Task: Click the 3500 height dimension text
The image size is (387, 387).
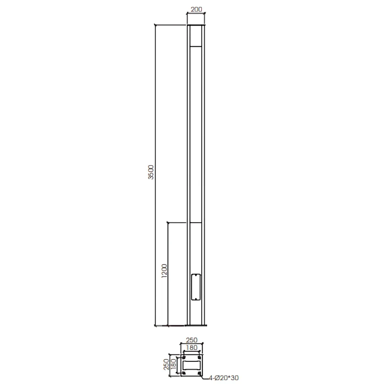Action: (x=151, y=172)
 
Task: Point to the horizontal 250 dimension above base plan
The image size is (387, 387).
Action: (x=191, y=340)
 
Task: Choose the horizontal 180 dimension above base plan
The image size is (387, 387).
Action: (x=191, y=348)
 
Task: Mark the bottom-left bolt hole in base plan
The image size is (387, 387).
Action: (x=183, y=373)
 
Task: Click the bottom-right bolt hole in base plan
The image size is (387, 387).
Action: (x=199, y=373)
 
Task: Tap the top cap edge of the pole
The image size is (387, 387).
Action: (x=196, y=25)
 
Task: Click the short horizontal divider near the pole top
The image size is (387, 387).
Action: (x=196, y=46)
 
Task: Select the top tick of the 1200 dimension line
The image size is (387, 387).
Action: (x=168, y=223)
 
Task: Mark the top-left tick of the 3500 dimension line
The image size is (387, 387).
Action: (x=156, y=25)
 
